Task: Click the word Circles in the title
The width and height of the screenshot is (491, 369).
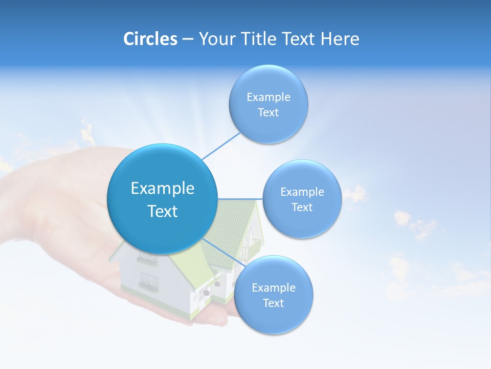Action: coord(150,39)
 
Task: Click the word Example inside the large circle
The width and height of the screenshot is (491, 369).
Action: coord(163,189)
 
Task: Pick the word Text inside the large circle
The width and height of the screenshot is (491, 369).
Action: coord(163,211)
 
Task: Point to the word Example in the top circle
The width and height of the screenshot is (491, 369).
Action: coord(269,97)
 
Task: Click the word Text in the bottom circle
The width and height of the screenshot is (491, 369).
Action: coord(273,303)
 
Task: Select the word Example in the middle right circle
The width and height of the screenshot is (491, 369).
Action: coord(302,192)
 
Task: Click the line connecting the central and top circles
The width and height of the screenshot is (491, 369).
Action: coord(221,146)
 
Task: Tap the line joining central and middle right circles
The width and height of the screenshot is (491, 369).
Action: coord(240,198)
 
